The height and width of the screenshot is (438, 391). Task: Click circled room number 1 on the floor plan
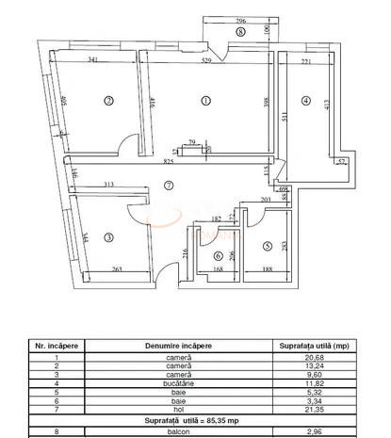click(x=206, y=101)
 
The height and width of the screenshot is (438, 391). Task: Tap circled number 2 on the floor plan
click(x=109, y=101)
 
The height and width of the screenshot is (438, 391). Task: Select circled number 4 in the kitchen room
click(x=305, y=101)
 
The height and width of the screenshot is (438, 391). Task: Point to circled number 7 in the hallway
click(x=169, y=186)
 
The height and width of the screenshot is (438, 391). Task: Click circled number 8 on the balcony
click(x=240, y=31)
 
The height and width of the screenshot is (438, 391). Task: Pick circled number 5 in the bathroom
click(x=267, y=247)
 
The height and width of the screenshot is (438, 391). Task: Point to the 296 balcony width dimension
click(x=240, y=21)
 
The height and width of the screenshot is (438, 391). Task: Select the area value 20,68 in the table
click(x=310, y=358)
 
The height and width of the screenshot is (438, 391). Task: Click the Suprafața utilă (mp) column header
click(x=310, y=346)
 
